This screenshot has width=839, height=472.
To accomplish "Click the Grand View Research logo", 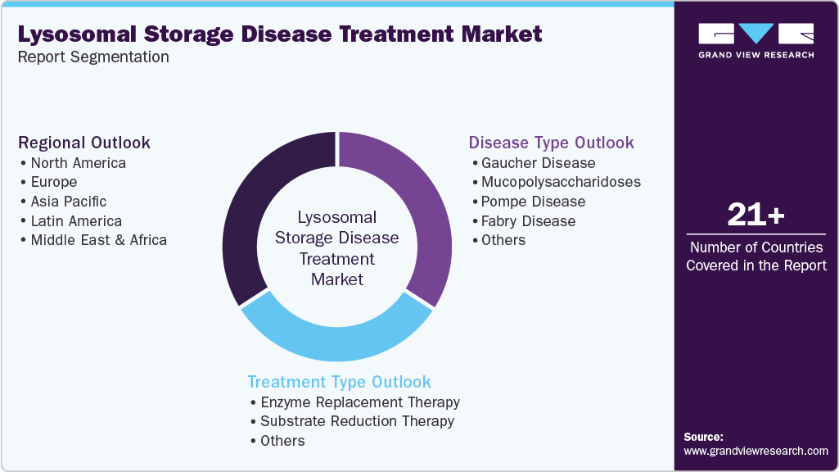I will pyautogui.click(x=756, y=40).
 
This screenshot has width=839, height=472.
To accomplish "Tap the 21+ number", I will pyautogui.click(x=756, y=216).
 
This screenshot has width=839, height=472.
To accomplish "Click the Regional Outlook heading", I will pyautogui.click(x=84, y=143).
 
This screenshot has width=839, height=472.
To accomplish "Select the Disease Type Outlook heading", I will pyautogui.click(x=550, y=143).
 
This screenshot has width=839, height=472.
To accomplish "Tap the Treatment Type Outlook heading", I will pyautogui.click(x=339, y=382).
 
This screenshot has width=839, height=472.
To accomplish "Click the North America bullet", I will pyautogui.click(x=78, y=162).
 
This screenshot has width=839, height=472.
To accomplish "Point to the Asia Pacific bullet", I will pyautogui.click(x=68, y=201).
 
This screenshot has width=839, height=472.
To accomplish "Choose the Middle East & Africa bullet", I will pyautogui.click(x=98, y=240).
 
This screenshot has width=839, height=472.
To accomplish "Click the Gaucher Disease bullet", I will pyautogui.click(x=538, y=162).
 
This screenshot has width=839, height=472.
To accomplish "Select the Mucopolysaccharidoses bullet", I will pyautogui.click(x=561, y=182).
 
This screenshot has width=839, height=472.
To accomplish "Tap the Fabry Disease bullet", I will pyautogui.click(x=528, y=221).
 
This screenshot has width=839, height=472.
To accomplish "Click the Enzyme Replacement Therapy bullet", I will pyautogui.click(x=359, y=402).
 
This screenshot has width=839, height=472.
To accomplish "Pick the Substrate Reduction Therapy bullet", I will pyautogui.click(x=357, y=421).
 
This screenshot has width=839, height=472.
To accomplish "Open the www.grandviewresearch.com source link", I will pyautogui.click(x=756, y=451).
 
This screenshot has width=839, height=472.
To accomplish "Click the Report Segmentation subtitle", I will pyautogui.click(x=93, y=57).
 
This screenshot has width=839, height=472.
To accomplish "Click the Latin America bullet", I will pyautogui.click(x=76, y=220).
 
